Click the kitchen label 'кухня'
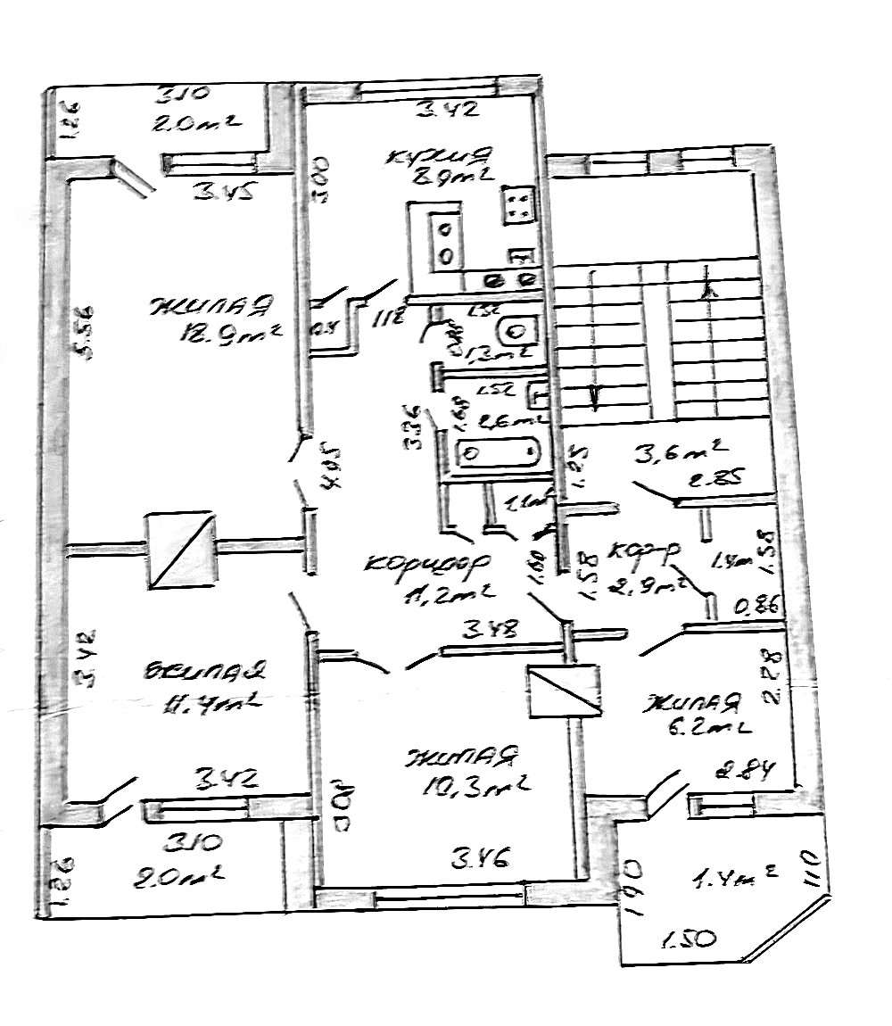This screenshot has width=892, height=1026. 437,157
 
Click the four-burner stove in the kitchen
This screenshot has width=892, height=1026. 517,206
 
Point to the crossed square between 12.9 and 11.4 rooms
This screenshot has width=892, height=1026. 180,550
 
